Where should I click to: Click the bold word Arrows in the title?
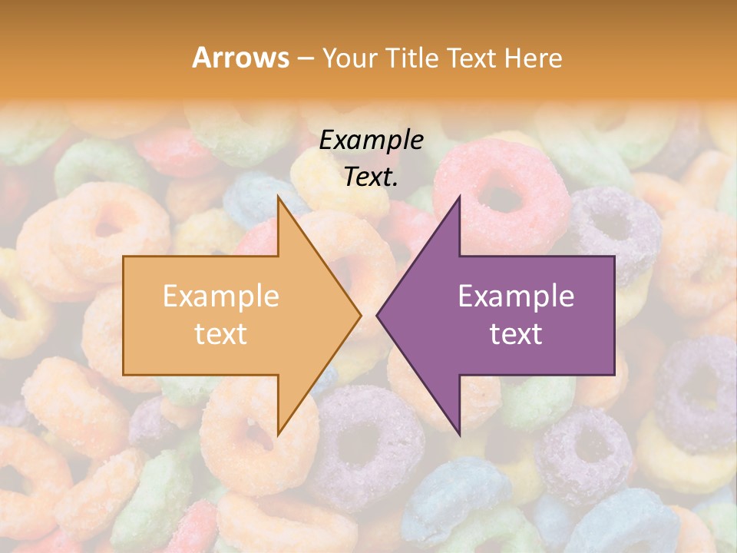(x=240, y=58)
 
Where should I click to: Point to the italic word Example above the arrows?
(x=372, y=140)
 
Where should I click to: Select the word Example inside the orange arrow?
(x=220, y=296)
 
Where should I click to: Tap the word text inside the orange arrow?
(x=220, y=334)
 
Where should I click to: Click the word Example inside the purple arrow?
(x=516, y=296)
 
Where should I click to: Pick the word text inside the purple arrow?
(x=516, y=334)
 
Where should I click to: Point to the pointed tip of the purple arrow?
(x=378, y=315)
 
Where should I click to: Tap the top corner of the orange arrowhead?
(x=278, y=197)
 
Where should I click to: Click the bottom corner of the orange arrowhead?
(x=278, y=434)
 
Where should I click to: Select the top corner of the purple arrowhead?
(x=459, y=197)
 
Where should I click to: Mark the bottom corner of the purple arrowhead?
(x=459, y=434)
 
